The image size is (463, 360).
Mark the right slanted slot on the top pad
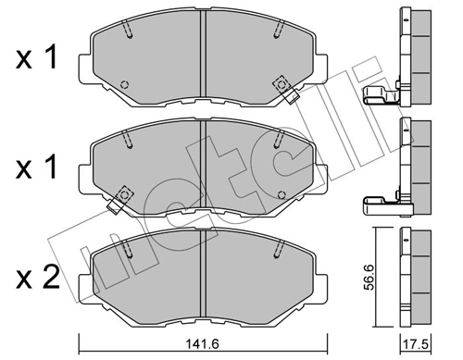click(275, 33)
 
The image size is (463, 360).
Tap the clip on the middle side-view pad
click(378, 199)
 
